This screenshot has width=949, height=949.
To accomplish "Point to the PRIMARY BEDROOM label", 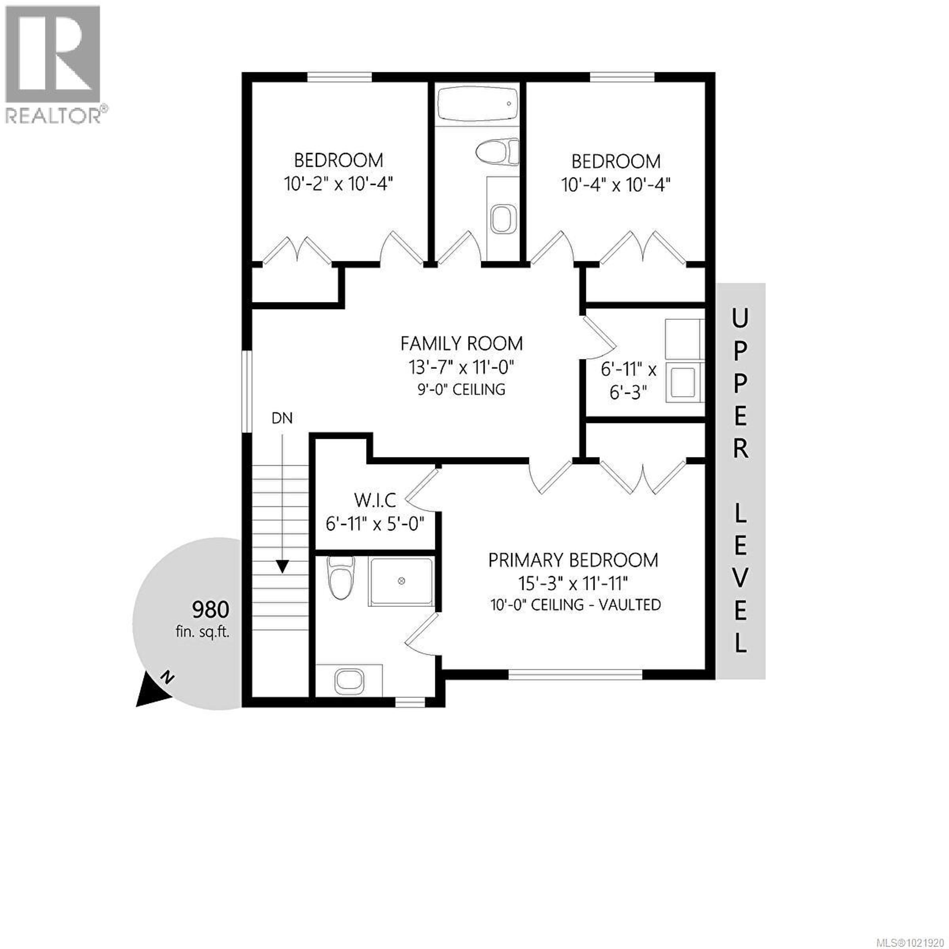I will coord(573,561).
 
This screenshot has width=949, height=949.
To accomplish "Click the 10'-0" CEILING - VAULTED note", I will coord(575,605).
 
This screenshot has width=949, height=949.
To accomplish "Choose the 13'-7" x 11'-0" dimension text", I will coord(461,367).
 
